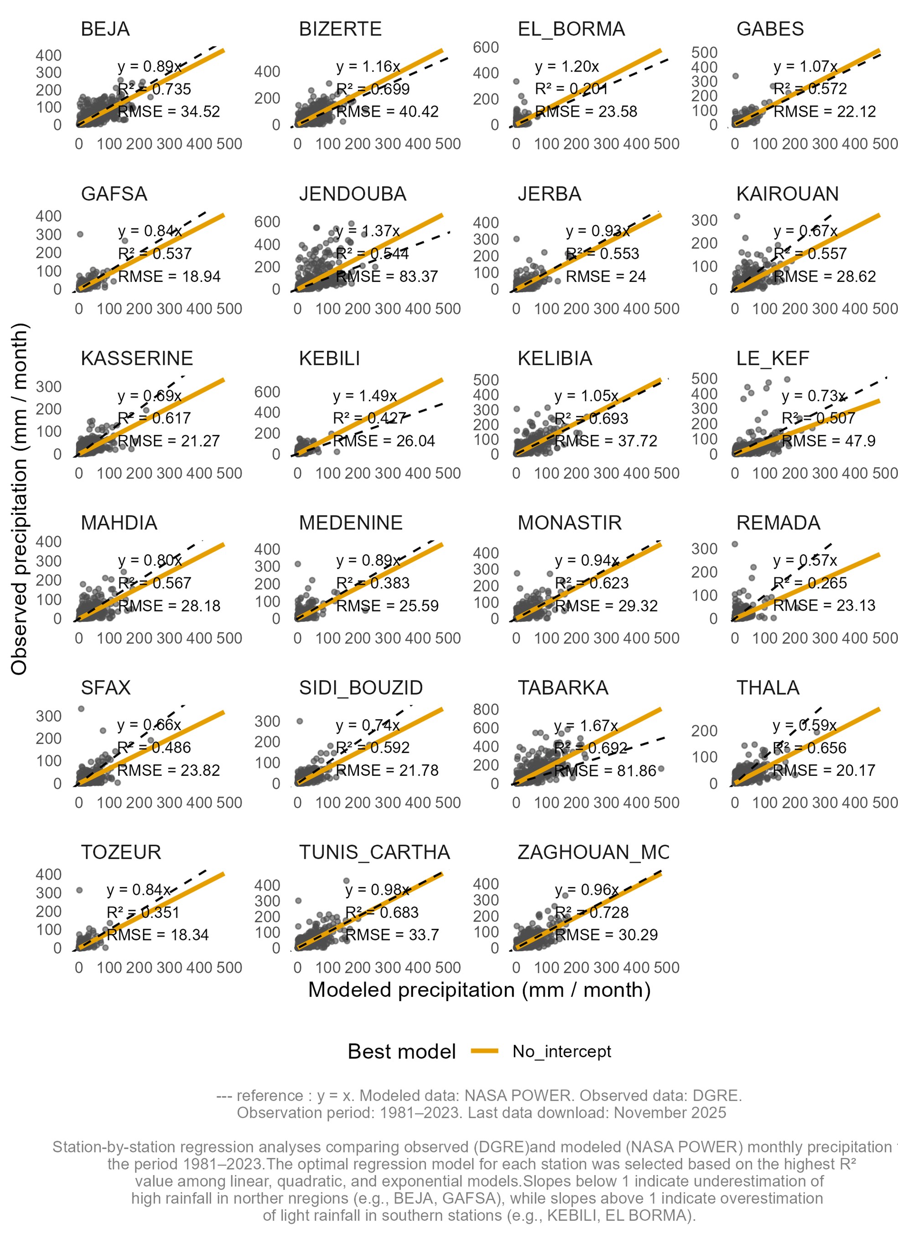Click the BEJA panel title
[x=105, y=29]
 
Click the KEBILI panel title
[x=329, y=358]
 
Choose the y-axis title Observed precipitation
[x=19, y=498]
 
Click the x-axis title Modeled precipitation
[x=479, y=990]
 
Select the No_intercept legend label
[x=561, y=1052]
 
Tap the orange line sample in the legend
[x=484, y=1052]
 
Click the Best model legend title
[x=401, y=1052]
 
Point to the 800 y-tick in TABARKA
[x=486, y=710]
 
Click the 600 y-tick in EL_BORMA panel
[x=486, y=48]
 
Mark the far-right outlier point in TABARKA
[x=661, y=769]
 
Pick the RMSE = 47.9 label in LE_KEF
[x=828, y=441]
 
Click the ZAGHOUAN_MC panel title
[x=593, y=852]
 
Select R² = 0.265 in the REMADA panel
[x=810, y=583]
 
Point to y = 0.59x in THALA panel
[x=805, y=725]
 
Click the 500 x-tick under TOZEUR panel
[x=229, y=967]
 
